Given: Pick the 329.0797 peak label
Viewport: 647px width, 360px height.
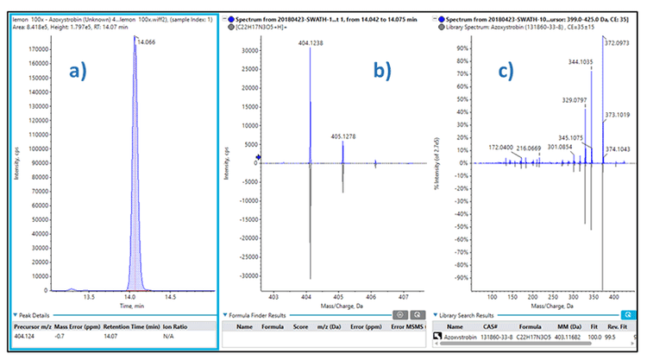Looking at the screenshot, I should [581, 100].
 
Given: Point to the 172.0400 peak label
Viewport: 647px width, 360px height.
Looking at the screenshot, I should [506, 148].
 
